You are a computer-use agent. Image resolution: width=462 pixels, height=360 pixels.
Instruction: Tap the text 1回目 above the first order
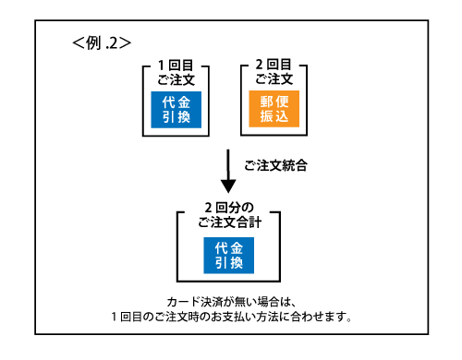tap(176, 66)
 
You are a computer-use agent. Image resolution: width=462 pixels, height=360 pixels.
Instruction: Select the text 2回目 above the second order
tap(273, 66)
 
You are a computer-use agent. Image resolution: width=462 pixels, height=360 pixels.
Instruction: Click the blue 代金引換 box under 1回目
tap(176, 109)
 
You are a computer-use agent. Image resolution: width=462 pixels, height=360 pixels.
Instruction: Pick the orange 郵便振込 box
tap(274, 109)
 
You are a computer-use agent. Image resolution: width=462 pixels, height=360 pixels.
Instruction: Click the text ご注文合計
tap(228, 222)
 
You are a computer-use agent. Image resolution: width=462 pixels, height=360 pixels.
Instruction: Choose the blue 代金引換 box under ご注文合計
tap(228, 256)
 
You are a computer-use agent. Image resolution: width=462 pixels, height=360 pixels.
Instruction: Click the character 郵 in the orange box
tap(264, 101)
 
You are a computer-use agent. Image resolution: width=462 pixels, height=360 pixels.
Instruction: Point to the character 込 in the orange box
tap(283, 118)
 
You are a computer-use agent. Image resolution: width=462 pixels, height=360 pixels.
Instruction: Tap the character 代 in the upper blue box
tap(167, 101)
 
